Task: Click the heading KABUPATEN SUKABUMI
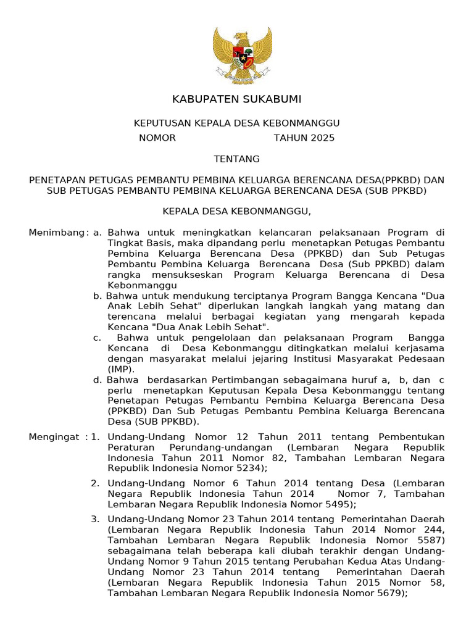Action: tap(237, 99)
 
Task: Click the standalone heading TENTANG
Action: tap(237, 159)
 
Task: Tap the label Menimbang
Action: tap(57, 233)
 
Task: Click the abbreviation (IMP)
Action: tap(121, 369)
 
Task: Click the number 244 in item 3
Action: tap(430, 530)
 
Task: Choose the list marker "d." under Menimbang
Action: tap(98, 380)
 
